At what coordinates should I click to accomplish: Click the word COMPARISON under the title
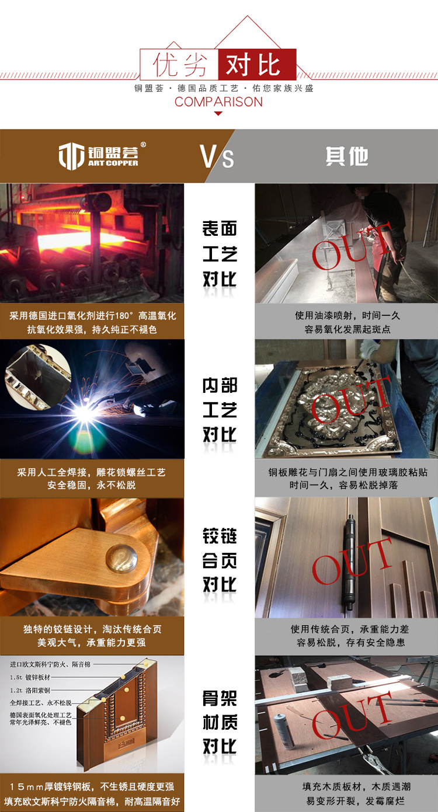tap(218, 102)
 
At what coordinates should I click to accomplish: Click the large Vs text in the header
tap(217, 156)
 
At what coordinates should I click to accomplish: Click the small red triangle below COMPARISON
tap(218, 113)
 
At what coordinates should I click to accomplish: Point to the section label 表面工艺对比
tap(220, 253)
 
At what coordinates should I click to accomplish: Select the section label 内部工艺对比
tap(220, 410)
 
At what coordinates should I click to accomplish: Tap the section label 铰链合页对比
tap(220, 560)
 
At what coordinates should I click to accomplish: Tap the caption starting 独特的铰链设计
tap(92, 636)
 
